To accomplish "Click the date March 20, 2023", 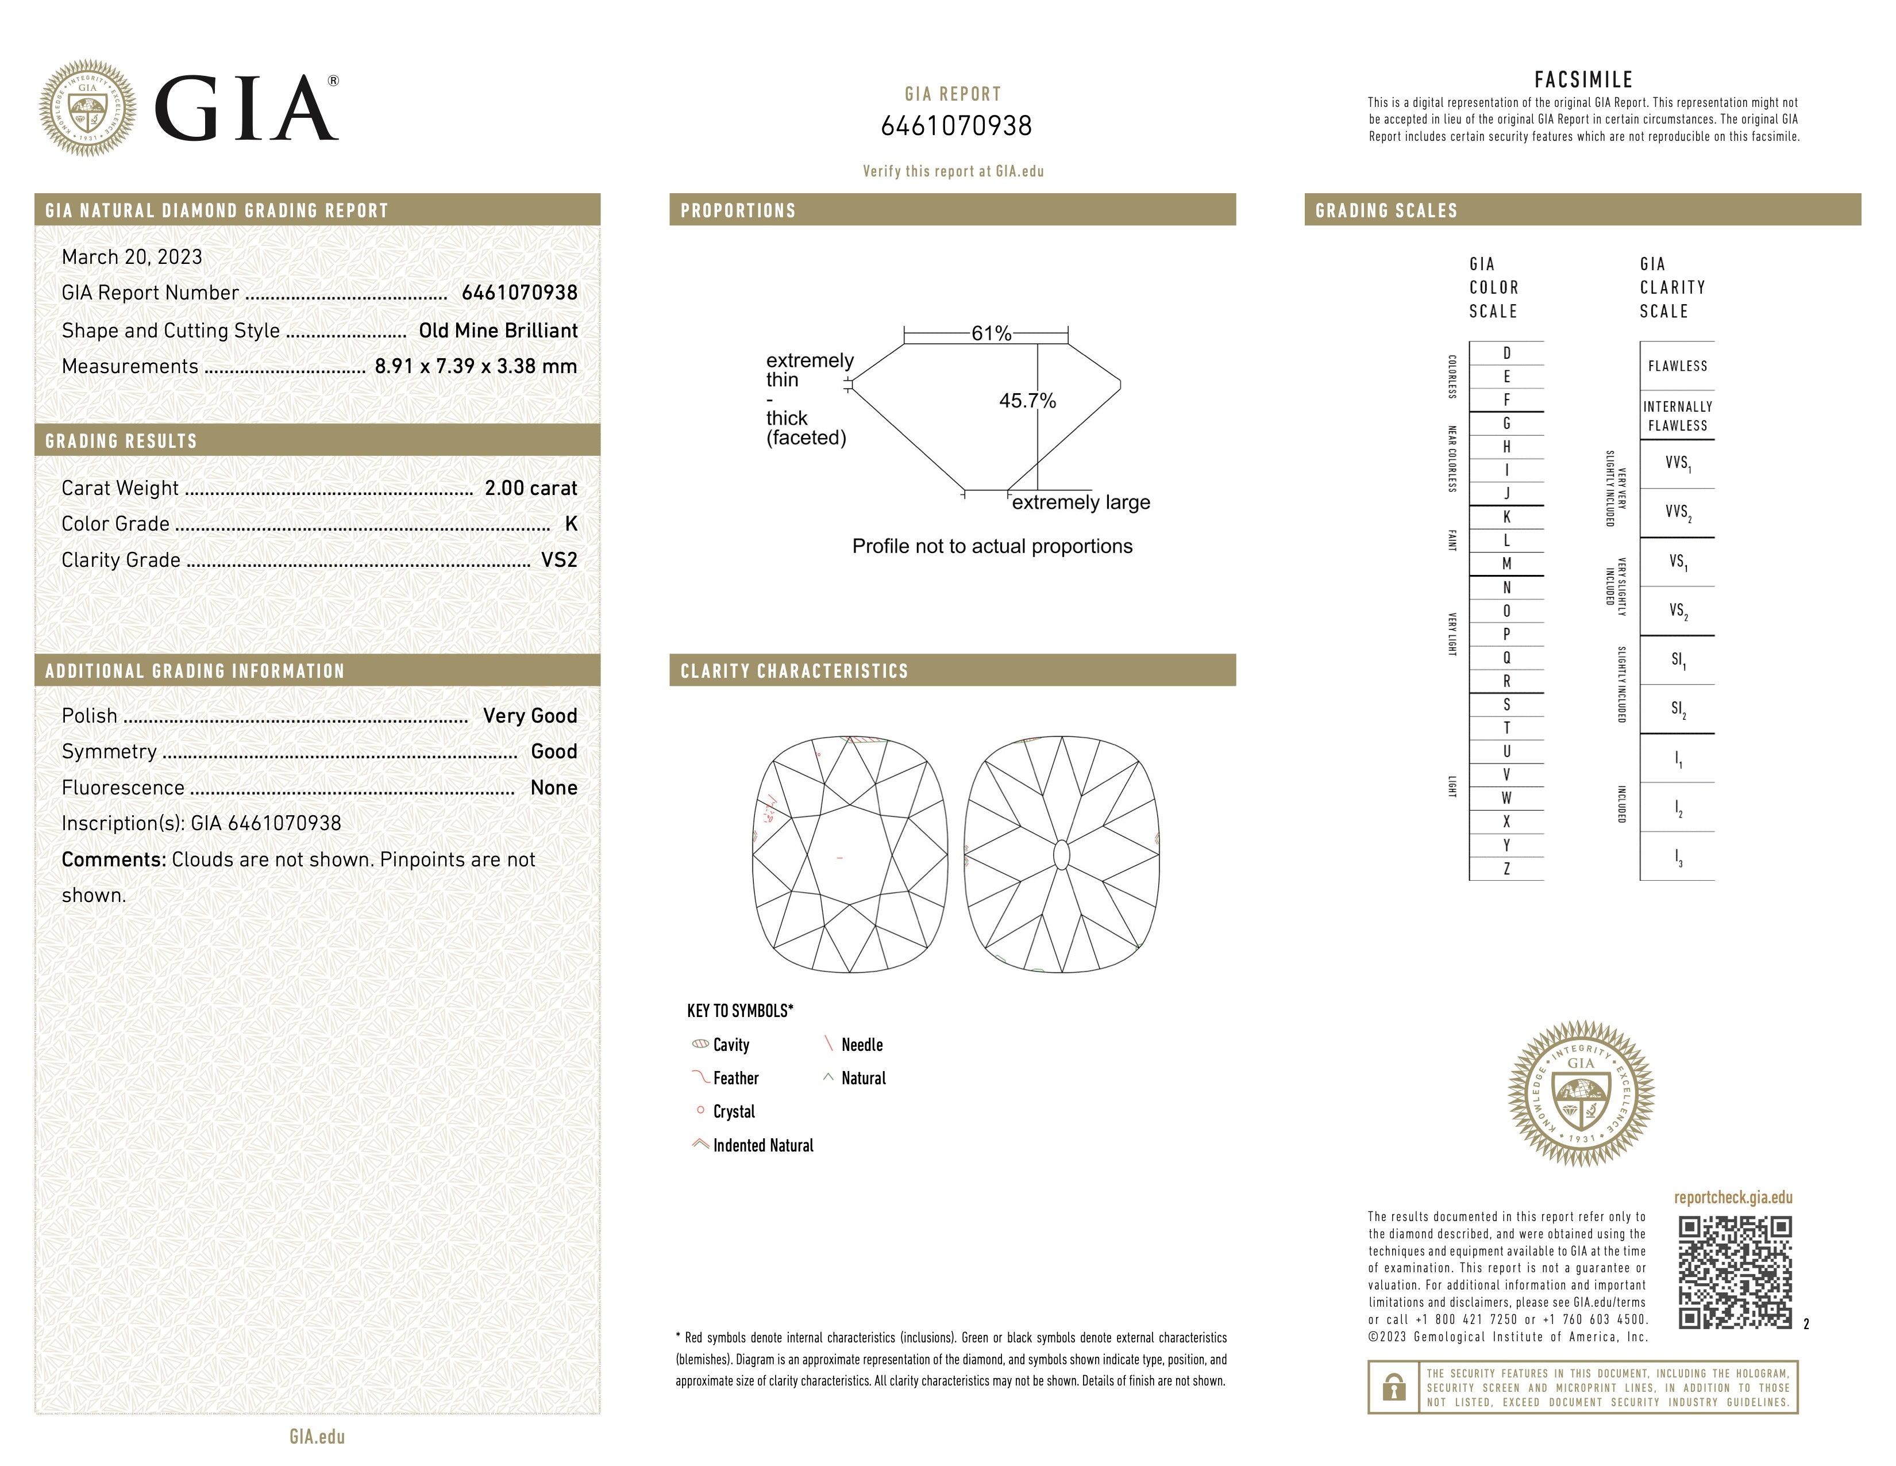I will [132, 257].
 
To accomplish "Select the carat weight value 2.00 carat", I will [530, 488].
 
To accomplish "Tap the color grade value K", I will [571, 524].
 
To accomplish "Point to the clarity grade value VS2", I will [558, 560].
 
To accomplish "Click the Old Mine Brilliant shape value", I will [498, 331].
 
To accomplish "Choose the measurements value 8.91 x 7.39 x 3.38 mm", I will [476, 367].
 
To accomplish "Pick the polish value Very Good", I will [530, 716].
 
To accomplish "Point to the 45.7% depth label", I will [1027, 401].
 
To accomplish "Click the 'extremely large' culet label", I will [1081, 503].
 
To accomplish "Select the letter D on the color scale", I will [1506, 354].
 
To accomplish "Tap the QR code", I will [1735, 1272].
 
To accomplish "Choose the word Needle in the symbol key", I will [861, 1045].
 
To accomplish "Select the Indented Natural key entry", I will [762, 1146].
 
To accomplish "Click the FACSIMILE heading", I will [1583, 80].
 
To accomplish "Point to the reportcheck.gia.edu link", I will [1733, 1198].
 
